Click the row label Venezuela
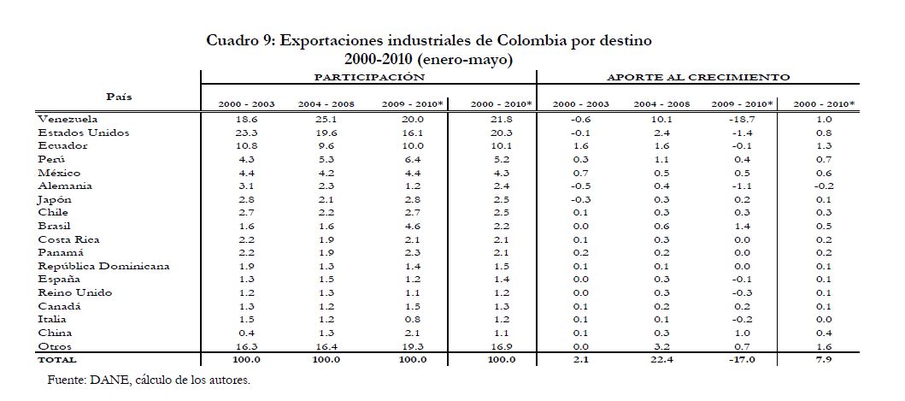68,119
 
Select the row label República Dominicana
103,266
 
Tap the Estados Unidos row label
82,133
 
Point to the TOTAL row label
57,359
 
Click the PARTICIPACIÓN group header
368,77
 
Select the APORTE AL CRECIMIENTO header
698,77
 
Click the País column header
118,96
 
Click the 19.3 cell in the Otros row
413,346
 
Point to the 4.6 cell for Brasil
413,226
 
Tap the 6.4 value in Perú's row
413,159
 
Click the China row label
55,333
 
